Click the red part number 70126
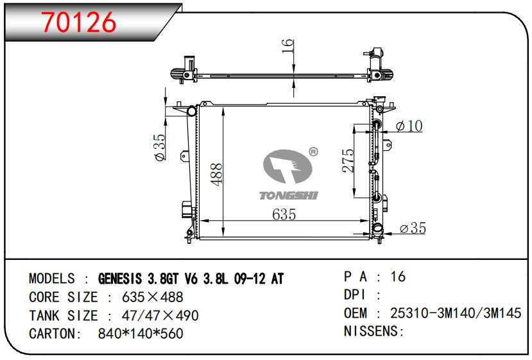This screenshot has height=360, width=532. point(78,22)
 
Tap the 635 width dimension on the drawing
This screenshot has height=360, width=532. point(284,214)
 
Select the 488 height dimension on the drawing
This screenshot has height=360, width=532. point(216,175)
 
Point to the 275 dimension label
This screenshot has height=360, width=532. point(348,160)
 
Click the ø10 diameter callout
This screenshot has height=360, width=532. point(409,126)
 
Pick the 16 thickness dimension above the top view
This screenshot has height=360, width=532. point(287,46)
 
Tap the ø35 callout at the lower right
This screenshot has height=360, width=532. point(413,228)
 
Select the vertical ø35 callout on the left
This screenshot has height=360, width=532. point(159,147)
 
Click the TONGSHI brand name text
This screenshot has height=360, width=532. point(289,196)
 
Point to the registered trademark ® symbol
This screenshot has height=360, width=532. point(314,151)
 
